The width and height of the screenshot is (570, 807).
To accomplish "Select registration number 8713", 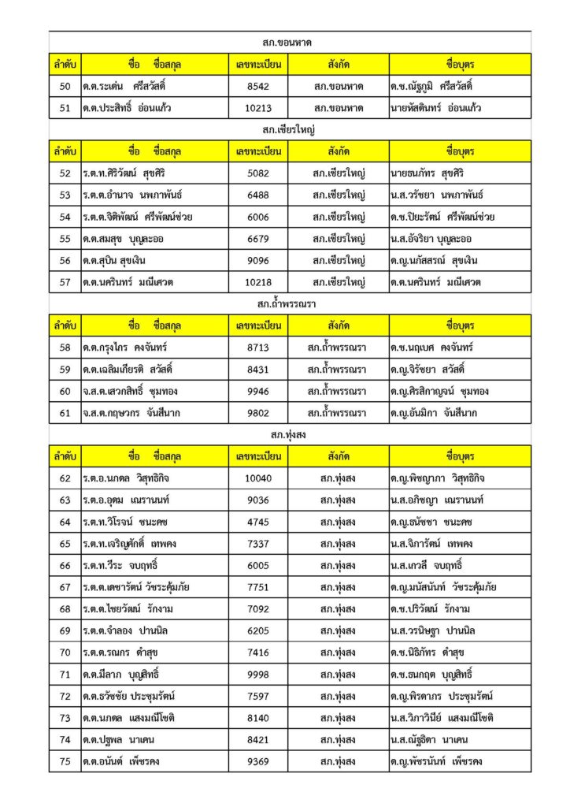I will click(x=257, y=348).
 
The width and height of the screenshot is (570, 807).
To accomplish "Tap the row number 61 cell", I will click(x=65, y=413).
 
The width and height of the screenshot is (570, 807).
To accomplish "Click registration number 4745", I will click(x=257, y=522).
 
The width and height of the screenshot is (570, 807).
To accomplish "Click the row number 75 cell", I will click(x=65, y=761).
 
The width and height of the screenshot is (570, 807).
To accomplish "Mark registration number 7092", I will click(x=257, y=609).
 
